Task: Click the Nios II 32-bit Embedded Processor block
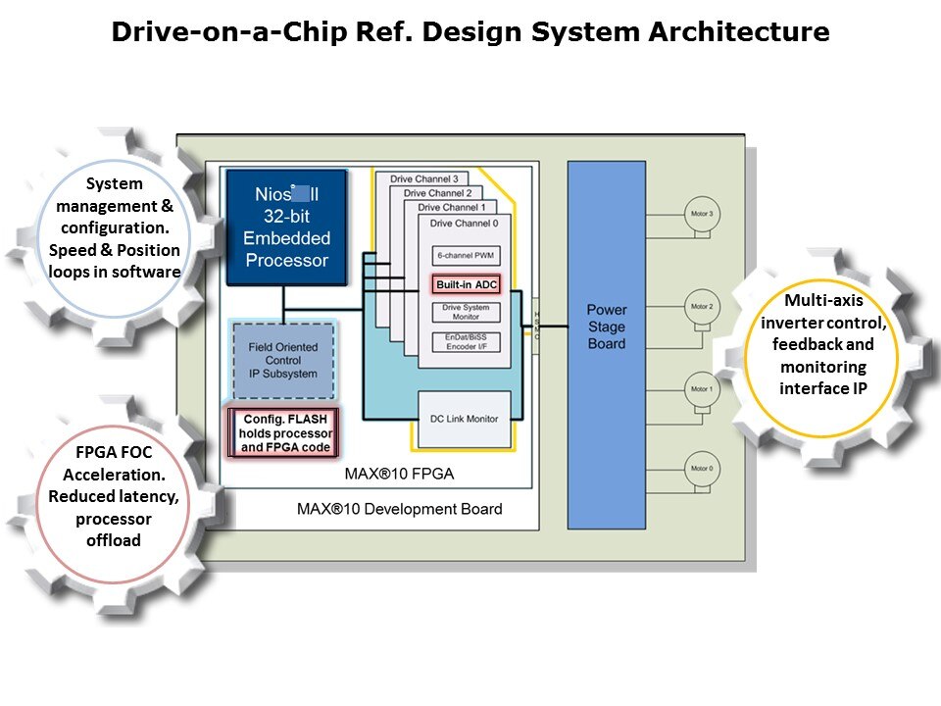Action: [x=286, y=227]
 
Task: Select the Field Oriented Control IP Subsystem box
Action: [x=283, y=359]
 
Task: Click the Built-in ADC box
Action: [x=468, y=284]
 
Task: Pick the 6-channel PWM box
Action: [x=467, y=256]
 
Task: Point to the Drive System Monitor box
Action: [x=467, y=312]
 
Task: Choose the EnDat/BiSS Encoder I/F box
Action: [x=467, y=340]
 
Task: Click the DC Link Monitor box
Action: [x=466, y=419]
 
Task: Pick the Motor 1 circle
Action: [x=702, y=390]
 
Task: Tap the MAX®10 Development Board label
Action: [x=399, y=509]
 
